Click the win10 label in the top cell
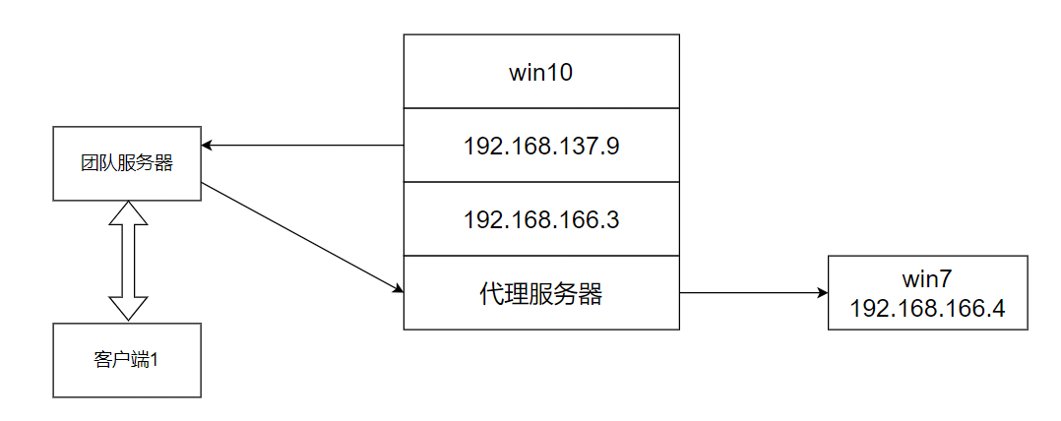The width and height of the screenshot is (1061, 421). coord(540,72)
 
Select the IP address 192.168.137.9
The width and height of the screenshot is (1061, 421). coord(540,146)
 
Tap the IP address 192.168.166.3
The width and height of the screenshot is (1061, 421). coord(540,219)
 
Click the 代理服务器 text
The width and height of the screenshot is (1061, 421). coord(540,293)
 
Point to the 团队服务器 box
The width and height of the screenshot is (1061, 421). coord(126,163)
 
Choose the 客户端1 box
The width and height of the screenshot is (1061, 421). coord(126,360)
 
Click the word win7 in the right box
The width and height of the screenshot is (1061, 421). coord(927,280)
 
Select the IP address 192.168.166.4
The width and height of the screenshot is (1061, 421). coord(927,308)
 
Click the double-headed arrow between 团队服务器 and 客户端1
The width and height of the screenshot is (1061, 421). coord(127,261)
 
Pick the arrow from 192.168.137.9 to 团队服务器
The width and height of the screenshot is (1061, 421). coord(305,146)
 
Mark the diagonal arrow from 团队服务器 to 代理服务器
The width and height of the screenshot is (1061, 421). coord(300,236)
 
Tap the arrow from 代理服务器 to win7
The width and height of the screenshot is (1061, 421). coord(753,293)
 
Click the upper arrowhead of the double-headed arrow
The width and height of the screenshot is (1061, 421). coord(127,211)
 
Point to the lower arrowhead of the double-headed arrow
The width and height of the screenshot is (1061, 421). coord(127,310)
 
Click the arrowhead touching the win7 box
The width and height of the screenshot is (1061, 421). coord(821,293)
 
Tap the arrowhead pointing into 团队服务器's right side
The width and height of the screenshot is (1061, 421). coord(208,146)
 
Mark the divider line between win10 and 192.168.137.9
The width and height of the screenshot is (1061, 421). coord(540,108)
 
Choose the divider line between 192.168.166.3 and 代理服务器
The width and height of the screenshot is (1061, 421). coord(540,256)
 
